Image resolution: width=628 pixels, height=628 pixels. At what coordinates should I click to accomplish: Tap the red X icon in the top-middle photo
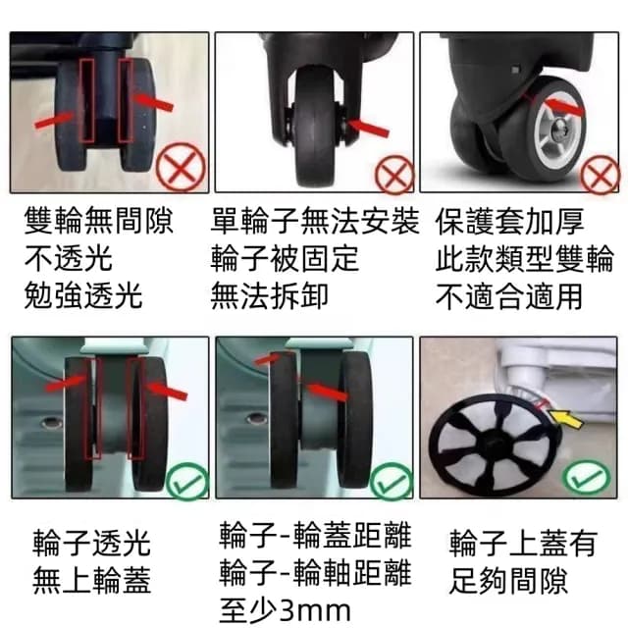395,177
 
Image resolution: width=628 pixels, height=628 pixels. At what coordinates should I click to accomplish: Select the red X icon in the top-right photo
598,177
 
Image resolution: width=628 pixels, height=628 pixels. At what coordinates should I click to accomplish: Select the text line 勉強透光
82,294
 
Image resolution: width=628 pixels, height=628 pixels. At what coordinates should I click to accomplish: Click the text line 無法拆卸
270,294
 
